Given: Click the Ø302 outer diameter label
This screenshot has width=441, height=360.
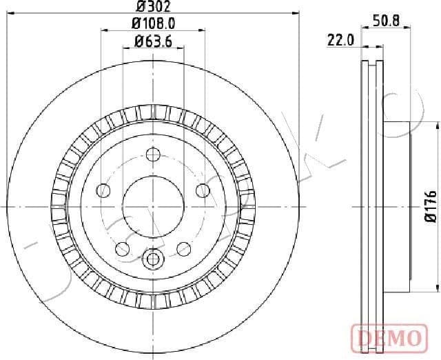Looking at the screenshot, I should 152,7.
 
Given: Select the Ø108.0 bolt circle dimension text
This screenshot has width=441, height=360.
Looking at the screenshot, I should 152,23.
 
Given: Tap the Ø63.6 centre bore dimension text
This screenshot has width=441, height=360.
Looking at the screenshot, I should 152,41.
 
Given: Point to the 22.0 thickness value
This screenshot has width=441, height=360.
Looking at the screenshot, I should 340,41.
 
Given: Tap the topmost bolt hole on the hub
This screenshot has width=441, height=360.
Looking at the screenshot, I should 153,154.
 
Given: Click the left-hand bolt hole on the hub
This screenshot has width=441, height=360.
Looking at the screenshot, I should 103,190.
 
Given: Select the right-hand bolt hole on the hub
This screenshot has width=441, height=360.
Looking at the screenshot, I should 203,190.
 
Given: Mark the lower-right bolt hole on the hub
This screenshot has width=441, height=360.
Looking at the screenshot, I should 184,248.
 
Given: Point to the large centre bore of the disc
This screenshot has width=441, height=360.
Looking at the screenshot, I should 153,206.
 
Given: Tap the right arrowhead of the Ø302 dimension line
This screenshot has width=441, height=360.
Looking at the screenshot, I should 298,12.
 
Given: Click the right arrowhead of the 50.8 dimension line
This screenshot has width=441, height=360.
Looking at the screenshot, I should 407,29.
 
